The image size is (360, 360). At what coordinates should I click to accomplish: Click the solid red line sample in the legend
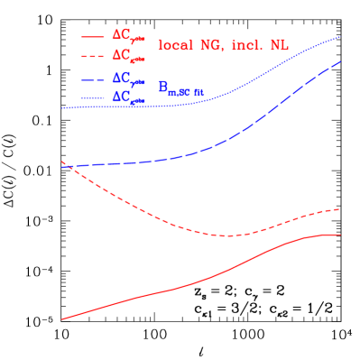[94, 36]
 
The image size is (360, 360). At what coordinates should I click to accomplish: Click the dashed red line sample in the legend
[94, 56]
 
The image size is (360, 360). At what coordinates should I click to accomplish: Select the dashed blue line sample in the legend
[94, 78]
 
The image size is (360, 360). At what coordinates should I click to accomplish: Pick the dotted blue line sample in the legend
[94, 97]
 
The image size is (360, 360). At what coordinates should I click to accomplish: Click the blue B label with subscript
[181, 88]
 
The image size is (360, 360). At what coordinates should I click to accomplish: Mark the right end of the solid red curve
[340, 235]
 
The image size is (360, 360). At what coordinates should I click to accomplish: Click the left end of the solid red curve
[61, 319]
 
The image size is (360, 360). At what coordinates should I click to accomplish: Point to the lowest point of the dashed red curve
[227, 236]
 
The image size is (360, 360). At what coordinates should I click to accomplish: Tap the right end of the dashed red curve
[340, 208]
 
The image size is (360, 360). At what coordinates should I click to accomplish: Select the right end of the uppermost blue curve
[340, 37]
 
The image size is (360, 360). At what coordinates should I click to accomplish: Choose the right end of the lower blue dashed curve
[340, 61]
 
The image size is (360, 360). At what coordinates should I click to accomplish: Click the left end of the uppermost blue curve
[61, 108]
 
